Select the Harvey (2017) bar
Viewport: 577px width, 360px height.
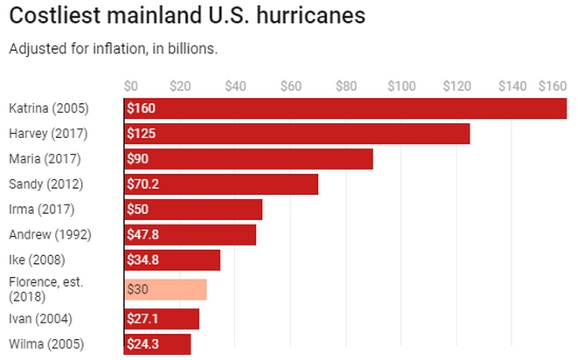click(297, 134)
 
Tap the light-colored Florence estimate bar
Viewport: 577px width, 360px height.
click(166, 289)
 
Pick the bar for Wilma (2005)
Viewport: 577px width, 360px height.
click(157, 344)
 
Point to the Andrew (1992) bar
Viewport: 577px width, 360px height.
click(191, 235)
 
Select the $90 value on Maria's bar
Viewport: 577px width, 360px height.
click(137, 159)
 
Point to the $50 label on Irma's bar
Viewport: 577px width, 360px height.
click(137, 210)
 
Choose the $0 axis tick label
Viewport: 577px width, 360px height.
click(131, 86)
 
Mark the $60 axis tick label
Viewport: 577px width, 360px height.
click(290, 86)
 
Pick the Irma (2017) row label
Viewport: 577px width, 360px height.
click(41, 209)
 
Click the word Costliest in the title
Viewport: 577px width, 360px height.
click(52, 17)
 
